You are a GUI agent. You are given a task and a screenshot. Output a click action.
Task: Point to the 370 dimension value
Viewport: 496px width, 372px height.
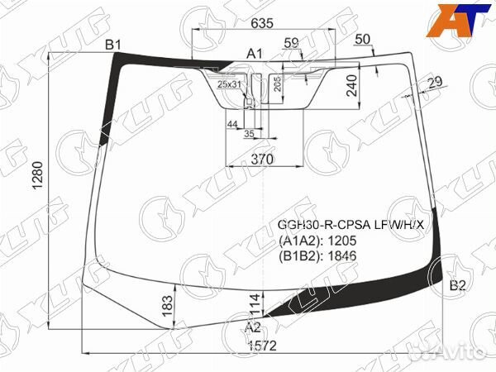click(x=262, y=159)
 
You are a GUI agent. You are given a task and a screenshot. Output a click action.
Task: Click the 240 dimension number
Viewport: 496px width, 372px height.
click(x=351, y=84)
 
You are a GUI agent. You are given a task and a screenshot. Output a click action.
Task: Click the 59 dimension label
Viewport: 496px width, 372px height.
click(x=291, y=43)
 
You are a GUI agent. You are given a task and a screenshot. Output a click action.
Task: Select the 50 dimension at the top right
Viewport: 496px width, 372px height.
click(x=361, y=40)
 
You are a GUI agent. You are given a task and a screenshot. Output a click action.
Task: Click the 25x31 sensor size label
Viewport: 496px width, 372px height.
click(x=229, y=84)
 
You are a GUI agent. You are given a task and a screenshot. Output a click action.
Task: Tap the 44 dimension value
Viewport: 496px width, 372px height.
click(x=232, y=123)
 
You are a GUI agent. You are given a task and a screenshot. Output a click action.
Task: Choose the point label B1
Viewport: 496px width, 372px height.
click(x=113, y=44)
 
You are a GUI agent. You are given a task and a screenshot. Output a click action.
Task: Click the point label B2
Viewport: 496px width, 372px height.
click(x=457, y=287)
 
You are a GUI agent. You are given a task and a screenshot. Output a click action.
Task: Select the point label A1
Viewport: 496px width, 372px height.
click(x=255, y=54)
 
